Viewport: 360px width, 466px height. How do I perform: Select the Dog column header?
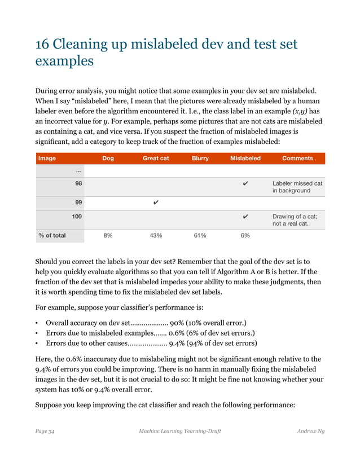(x=108, y=159)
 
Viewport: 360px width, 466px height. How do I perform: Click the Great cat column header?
(x=156, y=159)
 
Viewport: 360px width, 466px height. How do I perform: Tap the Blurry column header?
(x=200, y=159)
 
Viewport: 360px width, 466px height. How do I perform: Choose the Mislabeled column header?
(x=245, y=159)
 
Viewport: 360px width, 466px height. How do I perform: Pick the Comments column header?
(x=297, y=159)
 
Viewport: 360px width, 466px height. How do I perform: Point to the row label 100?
(x=77, y=216)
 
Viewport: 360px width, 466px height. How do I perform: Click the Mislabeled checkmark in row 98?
(x=245, y=184)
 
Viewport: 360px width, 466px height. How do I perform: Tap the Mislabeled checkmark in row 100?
(x=245, y=217)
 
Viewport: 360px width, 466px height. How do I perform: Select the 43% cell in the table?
(x=156, y=236)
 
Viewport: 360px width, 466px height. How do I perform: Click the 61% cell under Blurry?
(x=200, y=236)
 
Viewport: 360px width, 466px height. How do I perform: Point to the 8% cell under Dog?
(x=108, y=236)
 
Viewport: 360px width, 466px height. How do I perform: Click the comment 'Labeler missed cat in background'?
(x=297, y=187)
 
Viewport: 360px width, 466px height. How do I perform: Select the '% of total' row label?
(x=51, y=236)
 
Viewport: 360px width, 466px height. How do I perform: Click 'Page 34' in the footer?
(x=45, y=432)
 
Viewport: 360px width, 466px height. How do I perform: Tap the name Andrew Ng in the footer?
(x=310, y=432)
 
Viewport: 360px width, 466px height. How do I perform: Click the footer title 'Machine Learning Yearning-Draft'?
(x=179, y=432)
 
